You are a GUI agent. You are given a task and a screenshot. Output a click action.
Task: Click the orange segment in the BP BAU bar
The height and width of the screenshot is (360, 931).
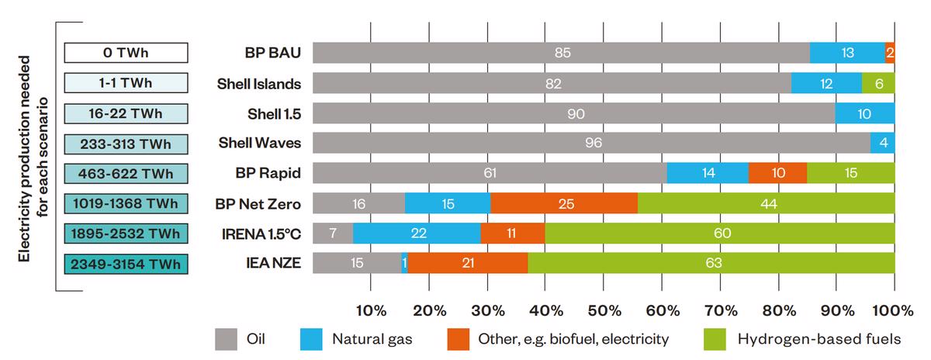[890, 53]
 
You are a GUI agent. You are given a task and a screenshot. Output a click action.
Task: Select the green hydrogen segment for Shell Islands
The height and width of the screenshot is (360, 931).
[878, 83]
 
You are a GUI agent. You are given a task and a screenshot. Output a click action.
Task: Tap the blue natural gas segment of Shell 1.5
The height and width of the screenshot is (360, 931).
[865, 113]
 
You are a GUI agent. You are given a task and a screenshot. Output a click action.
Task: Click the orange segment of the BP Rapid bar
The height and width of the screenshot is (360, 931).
[777, 173]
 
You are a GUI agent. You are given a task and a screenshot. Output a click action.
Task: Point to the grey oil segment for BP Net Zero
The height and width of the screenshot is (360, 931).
[358, 203]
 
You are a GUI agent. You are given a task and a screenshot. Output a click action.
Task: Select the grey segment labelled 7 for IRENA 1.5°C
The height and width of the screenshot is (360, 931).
[333, 234]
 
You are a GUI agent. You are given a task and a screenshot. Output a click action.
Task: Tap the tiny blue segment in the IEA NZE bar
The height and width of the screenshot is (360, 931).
[404, 263]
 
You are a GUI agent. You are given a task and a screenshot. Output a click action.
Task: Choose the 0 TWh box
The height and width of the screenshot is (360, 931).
[126, 53]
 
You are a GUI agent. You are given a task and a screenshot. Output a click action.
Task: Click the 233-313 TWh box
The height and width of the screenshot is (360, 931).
[126, 143]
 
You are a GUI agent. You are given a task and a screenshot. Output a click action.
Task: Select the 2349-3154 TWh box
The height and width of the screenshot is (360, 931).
[126, 263]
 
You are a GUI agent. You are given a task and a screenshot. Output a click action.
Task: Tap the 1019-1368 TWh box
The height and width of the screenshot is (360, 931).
[126, 203]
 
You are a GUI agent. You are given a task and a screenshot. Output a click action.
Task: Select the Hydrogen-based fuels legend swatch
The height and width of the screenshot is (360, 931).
[715, 339]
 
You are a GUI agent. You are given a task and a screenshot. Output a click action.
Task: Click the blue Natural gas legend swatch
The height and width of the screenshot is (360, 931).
[310, 339]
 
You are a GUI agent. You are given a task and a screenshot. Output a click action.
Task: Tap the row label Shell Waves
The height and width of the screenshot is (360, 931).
[260, 143]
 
